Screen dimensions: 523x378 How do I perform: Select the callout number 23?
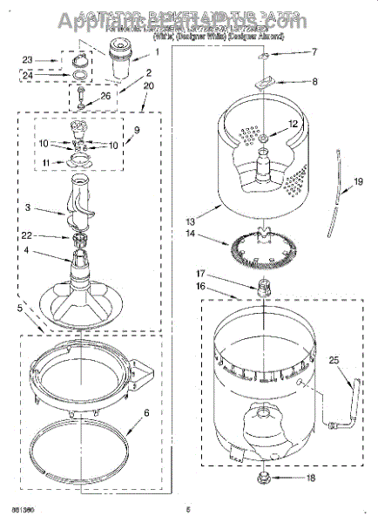(28, 60)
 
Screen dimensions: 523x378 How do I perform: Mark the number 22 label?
(27, 236)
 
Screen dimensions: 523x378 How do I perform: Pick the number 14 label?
(191, 234)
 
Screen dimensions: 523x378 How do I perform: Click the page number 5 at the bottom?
(187, 510)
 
